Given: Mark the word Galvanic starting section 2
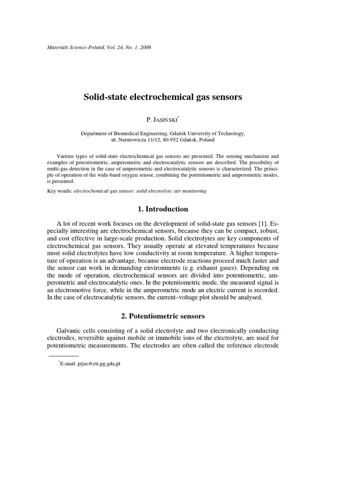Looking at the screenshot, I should (x=70, y=331).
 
